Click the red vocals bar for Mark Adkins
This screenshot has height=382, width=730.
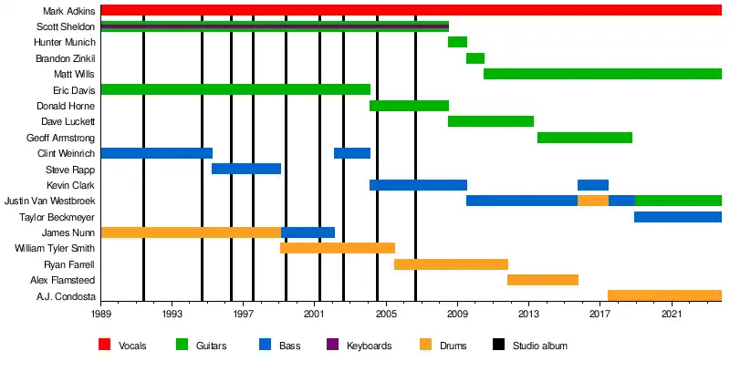click(411, 10)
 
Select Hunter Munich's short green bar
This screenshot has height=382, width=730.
click(457, 42)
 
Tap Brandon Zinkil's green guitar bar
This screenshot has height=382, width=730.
click(474, 58)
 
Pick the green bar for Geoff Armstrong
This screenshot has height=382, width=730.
click(584, 138)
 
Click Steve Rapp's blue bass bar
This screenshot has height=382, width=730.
click(246, 169)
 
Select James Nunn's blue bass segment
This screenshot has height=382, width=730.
click(308, 232)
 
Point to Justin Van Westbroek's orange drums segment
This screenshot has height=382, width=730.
click(593, 201)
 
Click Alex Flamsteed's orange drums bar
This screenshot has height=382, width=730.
click(543, 280)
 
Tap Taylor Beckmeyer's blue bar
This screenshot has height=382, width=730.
click(677, 217)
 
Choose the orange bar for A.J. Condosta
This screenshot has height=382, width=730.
click(664, 295)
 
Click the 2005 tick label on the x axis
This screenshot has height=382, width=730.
click(386, 314)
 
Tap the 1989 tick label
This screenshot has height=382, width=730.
click(100, 314)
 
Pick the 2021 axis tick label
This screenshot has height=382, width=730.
click(672, 314)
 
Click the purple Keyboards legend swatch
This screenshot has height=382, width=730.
click(333, 346)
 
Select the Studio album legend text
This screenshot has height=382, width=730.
click(538, 346)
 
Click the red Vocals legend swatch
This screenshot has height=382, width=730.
click(105, 346)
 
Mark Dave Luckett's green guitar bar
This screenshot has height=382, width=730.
click(490, 121)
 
